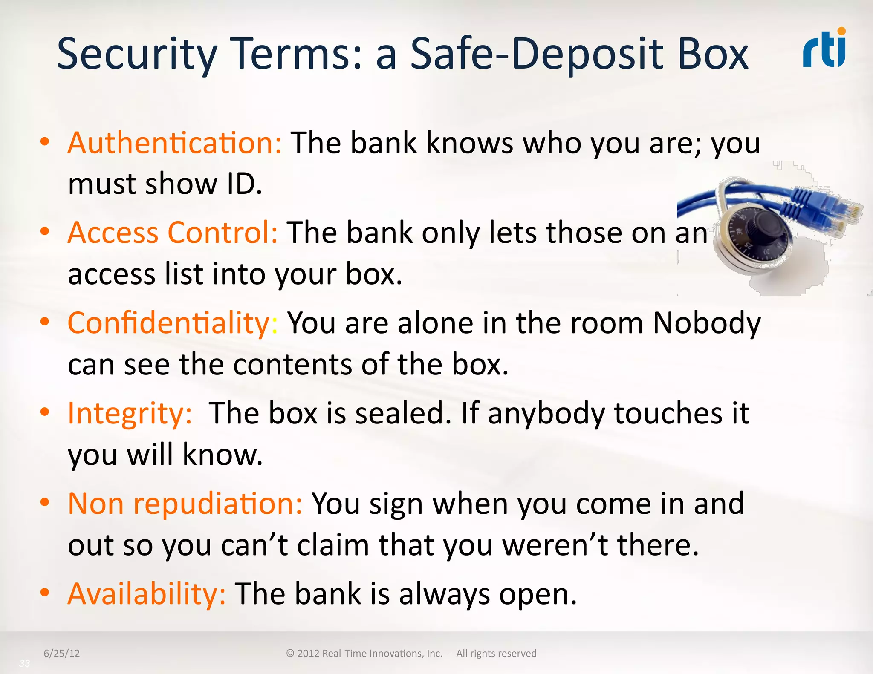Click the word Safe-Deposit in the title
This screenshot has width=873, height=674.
537,54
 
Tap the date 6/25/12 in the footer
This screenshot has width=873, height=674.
62,653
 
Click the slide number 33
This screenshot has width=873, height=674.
24,663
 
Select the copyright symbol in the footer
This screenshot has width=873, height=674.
290,654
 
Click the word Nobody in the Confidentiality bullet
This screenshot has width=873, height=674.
706,323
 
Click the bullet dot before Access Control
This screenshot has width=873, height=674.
45,232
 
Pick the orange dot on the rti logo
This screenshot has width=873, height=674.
841,31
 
